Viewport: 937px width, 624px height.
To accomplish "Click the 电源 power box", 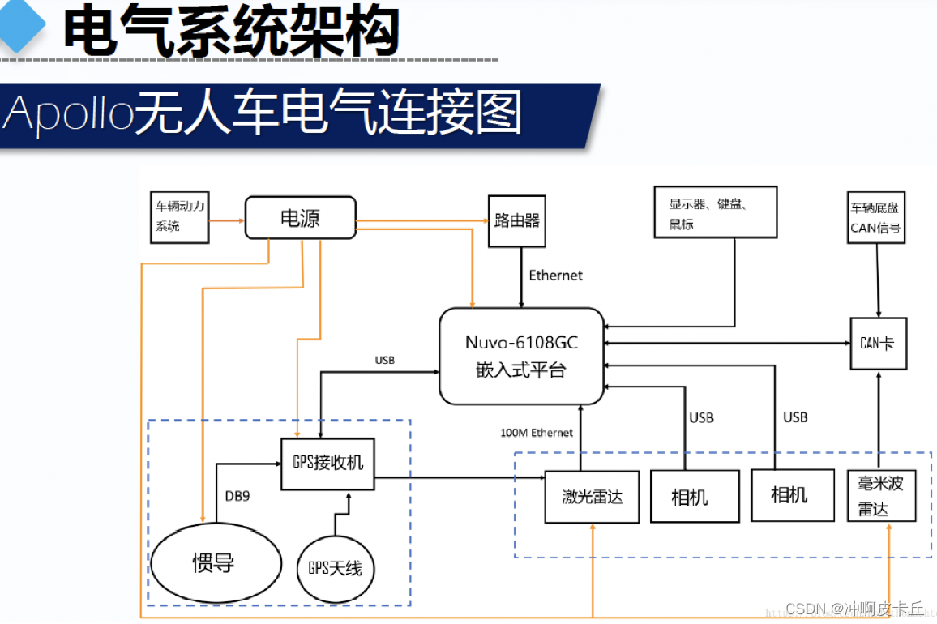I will point(301,218).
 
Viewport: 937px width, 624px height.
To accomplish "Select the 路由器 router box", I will point(517,220).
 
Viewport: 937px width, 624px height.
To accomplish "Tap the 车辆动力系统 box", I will point(179,217).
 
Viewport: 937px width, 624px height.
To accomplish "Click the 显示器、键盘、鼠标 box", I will point(715,212).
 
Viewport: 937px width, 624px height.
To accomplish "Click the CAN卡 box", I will point(877,344).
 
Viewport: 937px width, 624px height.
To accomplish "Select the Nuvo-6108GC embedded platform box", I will point(522,356).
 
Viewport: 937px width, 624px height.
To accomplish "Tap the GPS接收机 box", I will point(327,464).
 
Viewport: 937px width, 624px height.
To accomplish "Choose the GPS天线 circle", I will point(335,568).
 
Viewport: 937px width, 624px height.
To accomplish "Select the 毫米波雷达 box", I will point(881,496).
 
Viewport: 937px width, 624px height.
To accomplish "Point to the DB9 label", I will point(237,495).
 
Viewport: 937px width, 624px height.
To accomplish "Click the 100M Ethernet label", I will point(537,433).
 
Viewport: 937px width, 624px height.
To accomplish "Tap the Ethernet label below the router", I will point(555,276).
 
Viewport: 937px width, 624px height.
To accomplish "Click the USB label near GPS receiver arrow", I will point(385,360).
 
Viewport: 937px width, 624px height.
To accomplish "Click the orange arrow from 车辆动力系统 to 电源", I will point(227,219).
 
